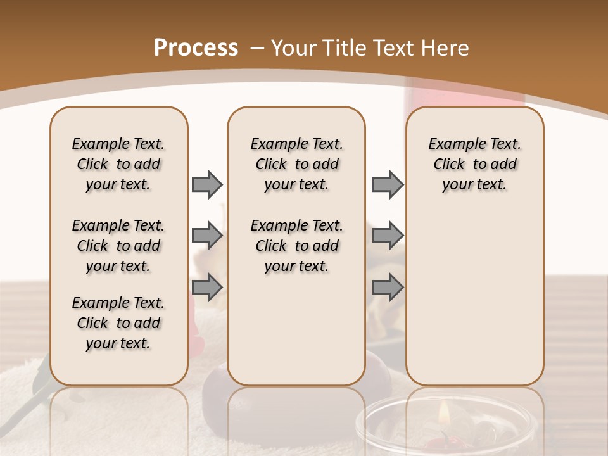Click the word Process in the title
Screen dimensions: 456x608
point(196,47)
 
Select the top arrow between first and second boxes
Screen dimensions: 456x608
point(207,184)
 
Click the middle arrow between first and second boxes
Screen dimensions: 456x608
point(207,236)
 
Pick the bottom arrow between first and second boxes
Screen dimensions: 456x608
point(207,287)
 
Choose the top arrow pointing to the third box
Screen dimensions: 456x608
point(388,184)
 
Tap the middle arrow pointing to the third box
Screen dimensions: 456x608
point(388,236)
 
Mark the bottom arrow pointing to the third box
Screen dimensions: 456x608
point(388,287)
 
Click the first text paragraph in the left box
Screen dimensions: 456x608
point(118,164)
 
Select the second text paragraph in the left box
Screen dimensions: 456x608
point(118,246)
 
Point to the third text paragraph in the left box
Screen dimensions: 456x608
point(118,323)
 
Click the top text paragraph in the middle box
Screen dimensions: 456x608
point(296,164)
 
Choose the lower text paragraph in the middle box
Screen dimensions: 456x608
point(296,246)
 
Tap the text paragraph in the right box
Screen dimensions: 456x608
point(474,164)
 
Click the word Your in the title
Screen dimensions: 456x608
point(294,47)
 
